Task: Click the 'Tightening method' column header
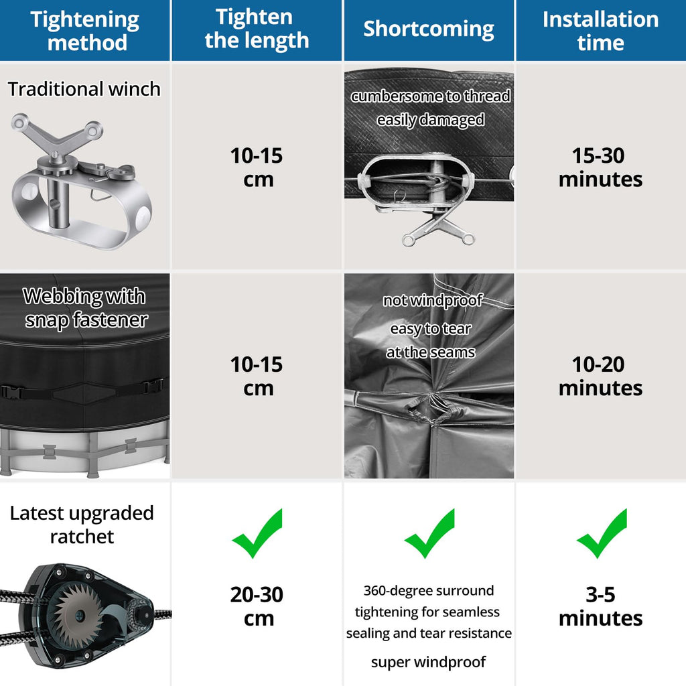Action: pyautogui.click(x=85, y=31)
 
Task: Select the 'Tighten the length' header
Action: pyautogui.click(x=257, y=29)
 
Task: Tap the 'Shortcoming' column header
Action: pyautogui.click(x=429, y=29)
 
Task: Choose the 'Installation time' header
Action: pyautogui.click(x=601, y=31)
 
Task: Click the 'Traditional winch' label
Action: pyautogui.click(x=84, y=89)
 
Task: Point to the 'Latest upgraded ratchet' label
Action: pyautogui.click(x=82, y=525)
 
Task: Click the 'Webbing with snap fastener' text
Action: pyautogui.click(x=85, y=308)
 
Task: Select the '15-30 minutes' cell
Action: pyautogui.click(x=600, y=167)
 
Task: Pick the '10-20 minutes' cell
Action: pyautogui.click(x=600, y=376)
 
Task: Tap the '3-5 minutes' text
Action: pyautogui.click(x=601, y=606)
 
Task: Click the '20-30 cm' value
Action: pyautogui.click(x=257, y=606)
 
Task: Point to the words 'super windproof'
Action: pyautogui.click(x=428, y=663)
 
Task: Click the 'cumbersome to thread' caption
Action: pyautogui.click(x=431, y=96)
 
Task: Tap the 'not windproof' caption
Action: pyautogui.click(x=433, y=301)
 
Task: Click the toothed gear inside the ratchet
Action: pyautogui.click(x=79, y=616)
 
